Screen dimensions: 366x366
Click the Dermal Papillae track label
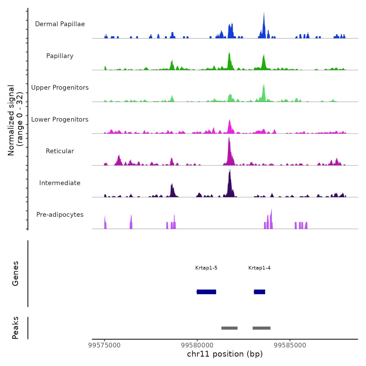coord(60,24)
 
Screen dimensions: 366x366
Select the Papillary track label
coord(60,56)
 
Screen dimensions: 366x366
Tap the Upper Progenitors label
coord(60,88)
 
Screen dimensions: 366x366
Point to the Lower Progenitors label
coord(60,119)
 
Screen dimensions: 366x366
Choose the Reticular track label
coord(60,151)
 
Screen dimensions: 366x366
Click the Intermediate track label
coord(60,183)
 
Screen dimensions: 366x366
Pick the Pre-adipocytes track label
coord(60,215)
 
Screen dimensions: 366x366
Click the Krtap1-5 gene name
coord(206,268)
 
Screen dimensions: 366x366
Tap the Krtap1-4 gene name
coord(259,268)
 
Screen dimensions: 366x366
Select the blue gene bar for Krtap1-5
coord(206,292)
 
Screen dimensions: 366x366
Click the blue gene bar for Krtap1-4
coord(259,292)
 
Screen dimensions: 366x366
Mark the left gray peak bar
coord(229,328)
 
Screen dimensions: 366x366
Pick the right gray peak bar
coord(261,328)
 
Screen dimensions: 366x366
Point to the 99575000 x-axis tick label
coord(105,345)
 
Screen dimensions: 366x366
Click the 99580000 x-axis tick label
coord(197,345)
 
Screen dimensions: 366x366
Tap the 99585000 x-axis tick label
coord(290,345)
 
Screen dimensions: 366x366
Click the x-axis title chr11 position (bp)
coord(225,354)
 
